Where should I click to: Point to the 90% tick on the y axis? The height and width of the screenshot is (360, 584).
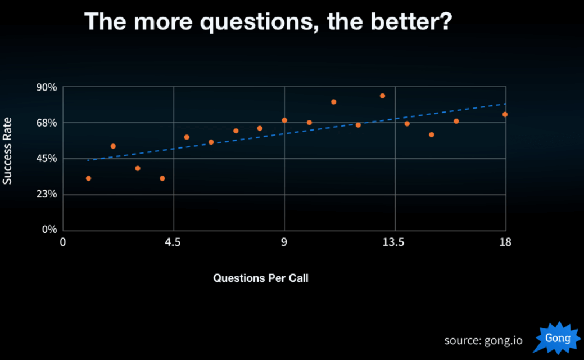47,87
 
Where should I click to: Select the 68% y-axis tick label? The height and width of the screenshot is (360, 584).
47,123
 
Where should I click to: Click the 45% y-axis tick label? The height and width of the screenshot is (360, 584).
47,159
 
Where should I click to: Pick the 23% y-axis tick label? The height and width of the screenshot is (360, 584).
47,195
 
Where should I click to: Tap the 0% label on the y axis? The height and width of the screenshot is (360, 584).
49,230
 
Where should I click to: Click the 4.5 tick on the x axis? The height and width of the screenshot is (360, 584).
173,243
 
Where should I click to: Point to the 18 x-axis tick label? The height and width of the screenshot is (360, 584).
505,243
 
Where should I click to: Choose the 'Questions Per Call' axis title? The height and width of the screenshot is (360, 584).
261,278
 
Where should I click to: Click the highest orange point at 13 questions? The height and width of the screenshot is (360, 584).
382,96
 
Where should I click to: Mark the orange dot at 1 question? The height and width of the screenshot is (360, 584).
88,178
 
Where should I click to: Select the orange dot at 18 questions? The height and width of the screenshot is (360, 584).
505,114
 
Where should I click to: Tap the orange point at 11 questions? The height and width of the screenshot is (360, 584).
333,102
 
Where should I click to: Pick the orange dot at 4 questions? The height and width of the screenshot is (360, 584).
162,178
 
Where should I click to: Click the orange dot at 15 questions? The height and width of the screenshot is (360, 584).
431,134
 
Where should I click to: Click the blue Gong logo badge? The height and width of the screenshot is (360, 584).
557,338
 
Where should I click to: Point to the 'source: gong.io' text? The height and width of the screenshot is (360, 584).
483,340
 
